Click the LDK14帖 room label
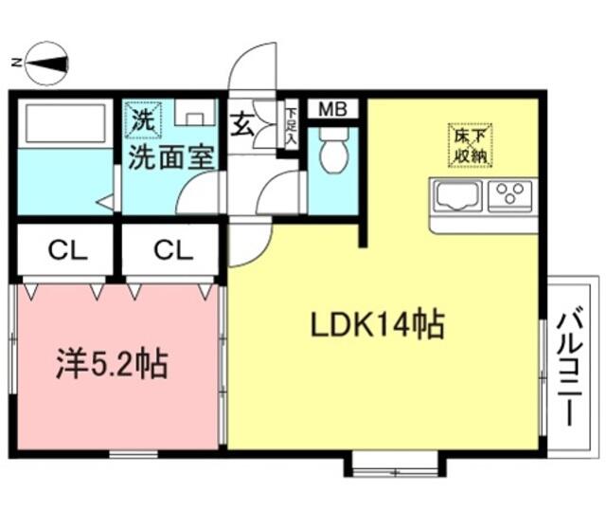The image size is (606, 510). pyautogui.click(x=377, y=324)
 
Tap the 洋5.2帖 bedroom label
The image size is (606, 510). pyautogui.click(x=112, y=364)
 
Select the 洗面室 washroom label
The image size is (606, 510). pyautogui.click(x=170, y=157)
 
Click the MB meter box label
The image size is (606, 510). pyautogui.click(x=332, y=109)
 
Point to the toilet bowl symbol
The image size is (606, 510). pyautogui.click(x=334, y=150)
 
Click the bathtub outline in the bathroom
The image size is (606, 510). pyautogui.click(x=65, y=122)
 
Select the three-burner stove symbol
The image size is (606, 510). pyautogui.click(x=510, y=195)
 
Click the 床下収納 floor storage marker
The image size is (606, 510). pyautogui.click(x=470, y=145)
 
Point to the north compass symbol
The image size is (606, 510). pyautogui.click(x=46, y=64)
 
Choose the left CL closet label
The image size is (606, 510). pyautogui.click(x=67, y=250)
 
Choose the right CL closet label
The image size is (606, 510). pyautogui.click(x=173, y=250)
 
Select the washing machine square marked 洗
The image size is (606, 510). pyautogui.click(x=143, y=120)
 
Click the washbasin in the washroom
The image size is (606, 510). pyautogui.click(x=195, y=113)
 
